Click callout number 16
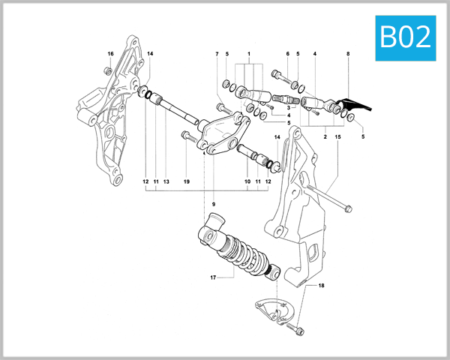point(110,54)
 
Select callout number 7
point(217,54)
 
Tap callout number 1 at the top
point(248,54)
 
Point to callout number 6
point(287,54)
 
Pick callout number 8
point(348,54)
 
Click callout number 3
point(288,108)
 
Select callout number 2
point(325,137)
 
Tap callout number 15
point(338,137)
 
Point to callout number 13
point(166,181)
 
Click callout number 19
point(187,181)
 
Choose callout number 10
point(247,181)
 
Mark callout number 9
point(213,204)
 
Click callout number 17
point(213,278)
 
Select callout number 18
point(322,286)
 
